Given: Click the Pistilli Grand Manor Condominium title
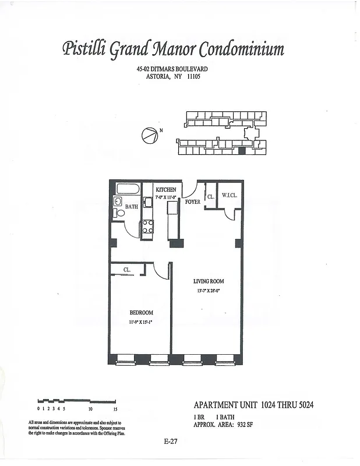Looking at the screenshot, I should click(173, 50).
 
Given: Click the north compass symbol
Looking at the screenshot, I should click(149, 135).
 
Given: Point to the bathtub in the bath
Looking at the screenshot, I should click(128, 189).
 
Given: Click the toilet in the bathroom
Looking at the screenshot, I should click(121, 213).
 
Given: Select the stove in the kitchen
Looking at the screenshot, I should click(148, 226).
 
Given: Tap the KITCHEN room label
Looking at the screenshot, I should click(166, 190).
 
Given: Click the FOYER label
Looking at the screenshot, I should click(193, 202).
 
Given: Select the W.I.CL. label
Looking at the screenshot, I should click(230, 196).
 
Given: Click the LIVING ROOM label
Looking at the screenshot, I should click(209, 281).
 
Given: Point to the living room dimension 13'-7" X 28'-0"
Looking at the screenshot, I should click(209, 290).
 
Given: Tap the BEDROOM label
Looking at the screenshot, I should click(141, 313).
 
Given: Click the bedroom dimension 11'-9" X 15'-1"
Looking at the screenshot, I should click(141, 322).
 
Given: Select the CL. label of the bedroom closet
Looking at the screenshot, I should click(126, 270).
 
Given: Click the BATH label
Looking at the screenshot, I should click(132, 206).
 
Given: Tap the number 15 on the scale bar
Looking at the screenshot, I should click(115, 408).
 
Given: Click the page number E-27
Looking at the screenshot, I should click(171, 442).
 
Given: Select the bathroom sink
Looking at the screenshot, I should click(117, 202).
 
